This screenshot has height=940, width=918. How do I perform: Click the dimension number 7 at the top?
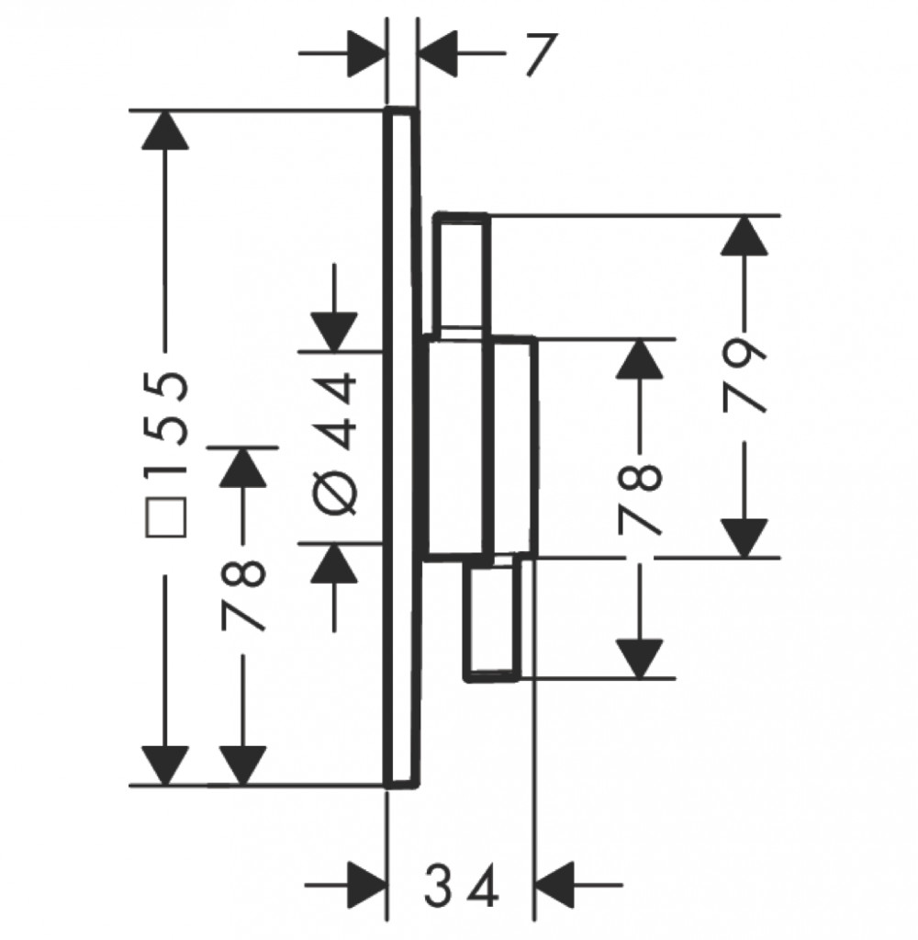pos(542,54)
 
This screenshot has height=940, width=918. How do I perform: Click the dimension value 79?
pos(744,375)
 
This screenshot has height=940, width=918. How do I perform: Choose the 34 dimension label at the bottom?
pos(461,884)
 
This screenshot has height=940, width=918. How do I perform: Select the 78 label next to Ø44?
pos(242,595)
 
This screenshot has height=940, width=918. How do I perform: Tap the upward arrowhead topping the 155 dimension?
pos(166,130)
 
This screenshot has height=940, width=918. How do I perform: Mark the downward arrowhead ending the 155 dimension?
pos(166,764)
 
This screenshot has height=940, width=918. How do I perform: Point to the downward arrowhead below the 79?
pos(744,538)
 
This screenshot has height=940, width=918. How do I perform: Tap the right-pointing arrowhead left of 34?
pos(365,884)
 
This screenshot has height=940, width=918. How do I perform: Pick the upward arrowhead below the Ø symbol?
pos(334,563)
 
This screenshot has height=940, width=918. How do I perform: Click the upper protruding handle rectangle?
pos(462,274)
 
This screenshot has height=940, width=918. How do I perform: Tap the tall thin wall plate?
pos(402,447)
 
